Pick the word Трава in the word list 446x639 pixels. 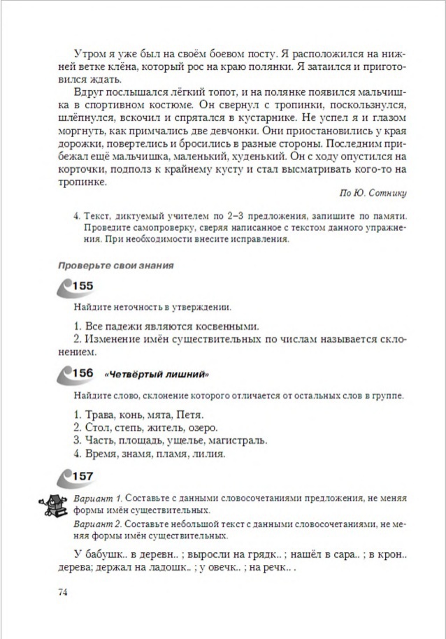[100, 413]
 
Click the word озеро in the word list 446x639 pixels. [200, 426]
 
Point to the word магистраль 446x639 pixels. [239, 440]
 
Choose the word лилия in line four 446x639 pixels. [207, 454]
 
